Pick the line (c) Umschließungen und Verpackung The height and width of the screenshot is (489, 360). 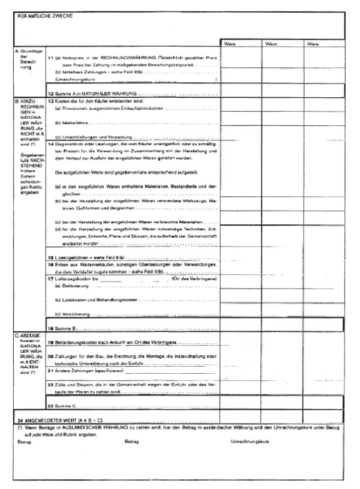pyautogui.click(x=96, y=137)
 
